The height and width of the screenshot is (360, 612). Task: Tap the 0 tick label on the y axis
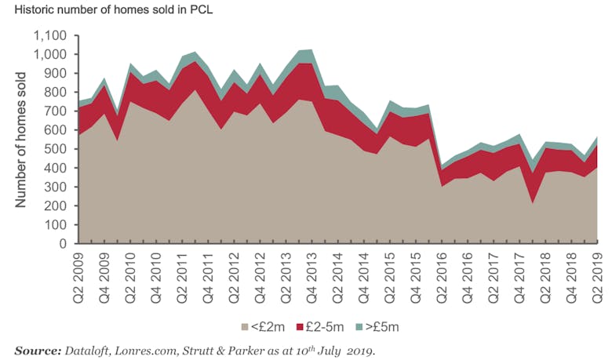(67, 243)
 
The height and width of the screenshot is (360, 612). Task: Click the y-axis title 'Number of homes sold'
(20, 140)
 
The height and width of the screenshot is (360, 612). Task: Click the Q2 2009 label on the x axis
(82, 276)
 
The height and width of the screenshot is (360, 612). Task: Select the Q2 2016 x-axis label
(445, 276)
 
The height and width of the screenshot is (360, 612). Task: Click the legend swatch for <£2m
(244, 325)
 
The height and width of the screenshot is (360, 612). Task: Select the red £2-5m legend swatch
(300, 325)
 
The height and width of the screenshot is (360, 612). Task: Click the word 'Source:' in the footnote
(37, 350)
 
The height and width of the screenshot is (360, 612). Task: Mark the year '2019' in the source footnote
(360, 350)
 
